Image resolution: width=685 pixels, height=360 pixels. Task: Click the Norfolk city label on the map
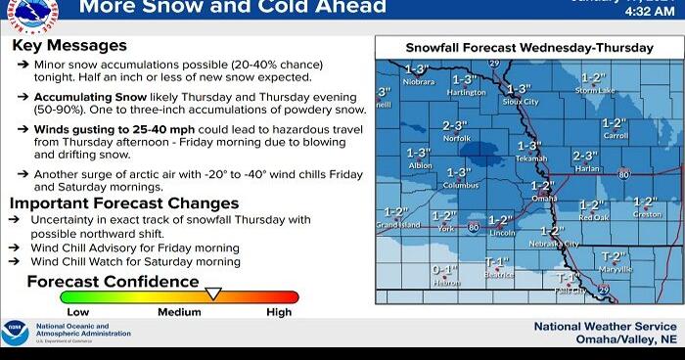[x=455, y=139]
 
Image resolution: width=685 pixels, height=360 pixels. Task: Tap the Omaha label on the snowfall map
[x=544, y=198]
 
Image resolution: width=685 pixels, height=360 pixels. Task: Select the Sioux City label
[x=520, y=102]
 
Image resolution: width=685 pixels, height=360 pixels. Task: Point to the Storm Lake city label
[x=595, y=91]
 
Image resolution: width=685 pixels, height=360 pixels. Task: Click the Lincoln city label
[x=502, y=234]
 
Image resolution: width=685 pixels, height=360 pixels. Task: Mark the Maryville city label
[x=616, y=269]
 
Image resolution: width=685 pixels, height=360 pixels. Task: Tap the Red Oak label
[x=593, y=218]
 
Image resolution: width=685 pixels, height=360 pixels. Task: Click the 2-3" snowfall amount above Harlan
[x=585, y=156]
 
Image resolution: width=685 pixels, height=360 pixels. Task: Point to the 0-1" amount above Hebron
[x=444, y=269]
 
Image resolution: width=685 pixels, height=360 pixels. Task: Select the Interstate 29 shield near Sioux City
[x=494, y=64]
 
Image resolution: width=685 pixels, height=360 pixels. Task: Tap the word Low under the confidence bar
[x=77, y=312]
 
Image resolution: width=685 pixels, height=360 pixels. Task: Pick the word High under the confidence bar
[x=279, y=312]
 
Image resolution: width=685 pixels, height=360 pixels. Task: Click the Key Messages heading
[x=71, y=46]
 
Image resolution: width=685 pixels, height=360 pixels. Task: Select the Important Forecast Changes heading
[x=124, y=203]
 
